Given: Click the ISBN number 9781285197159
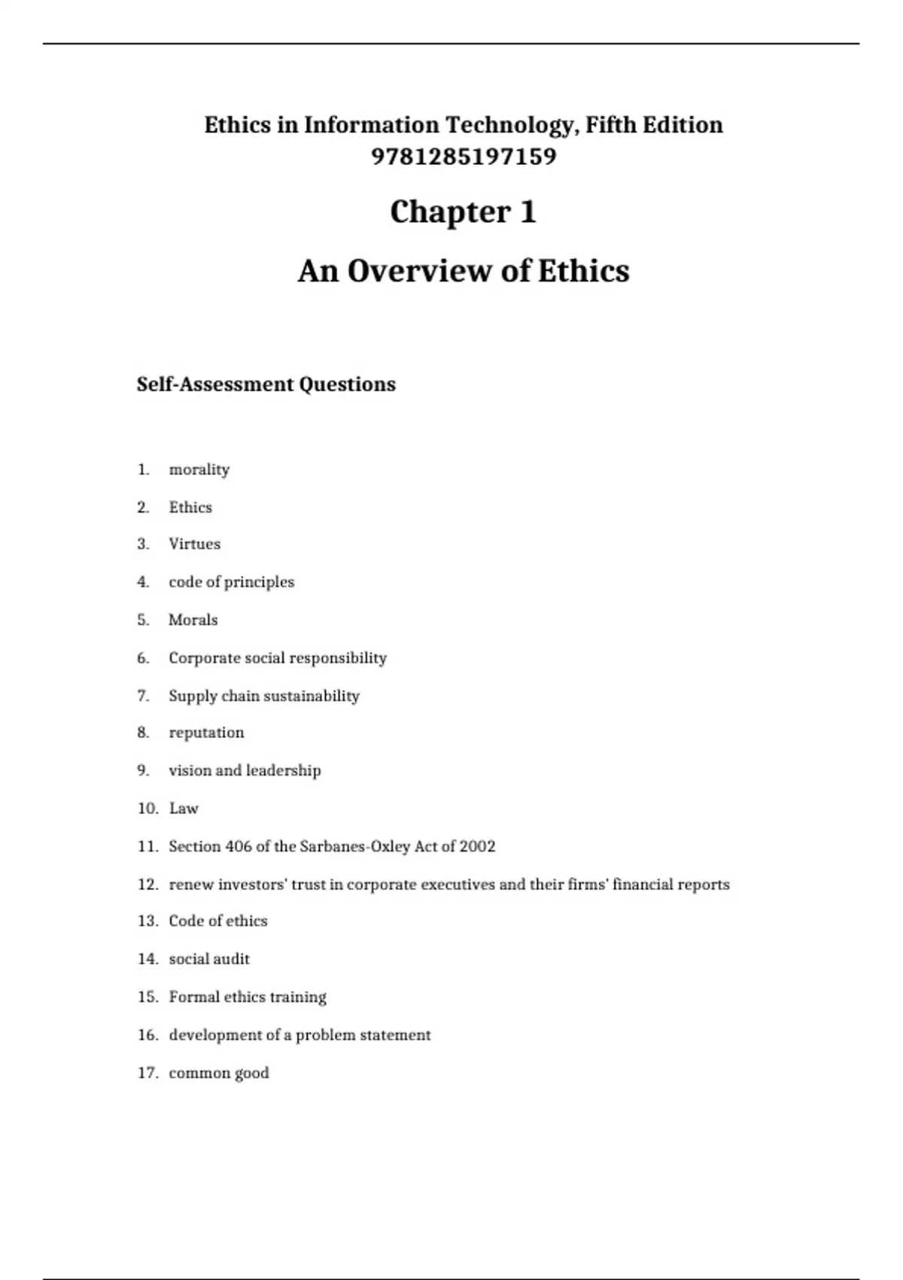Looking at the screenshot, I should [464, 157].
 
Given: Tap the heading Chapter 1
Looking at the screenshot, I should [463, 212].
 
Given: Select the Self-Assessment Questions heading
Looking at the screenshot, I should [266, 384].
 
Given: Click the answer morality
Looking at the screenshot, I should [199, 469].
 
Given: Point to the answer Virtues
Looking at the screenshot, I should [194, 544].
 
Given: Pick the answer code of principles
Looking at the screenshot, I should [231, 582].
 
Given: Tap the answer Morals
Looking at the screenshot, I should [193, 620].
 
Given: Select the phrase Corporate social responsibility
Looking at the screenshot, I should [277, 658].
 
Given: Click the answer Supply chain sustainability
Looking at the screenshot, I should [263, 696].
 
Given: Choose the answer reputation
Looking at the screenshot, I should [206, 733].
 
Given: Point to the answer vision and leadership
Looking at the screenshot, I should [245, 770].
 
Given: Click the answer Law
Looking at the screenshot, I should [184, 809].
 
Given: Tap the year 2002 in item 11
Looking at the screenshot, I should [477, 846].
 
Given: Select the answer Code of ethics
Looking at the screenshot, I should [217, 921].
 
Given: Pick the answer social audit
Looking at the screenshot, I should [208, 959].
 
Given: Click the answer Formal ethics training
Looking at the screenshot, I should [247, 997].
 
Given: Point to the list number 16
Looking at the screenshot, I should [147, 1035].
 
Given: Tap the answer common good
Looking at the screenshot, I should [218, 1073].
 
